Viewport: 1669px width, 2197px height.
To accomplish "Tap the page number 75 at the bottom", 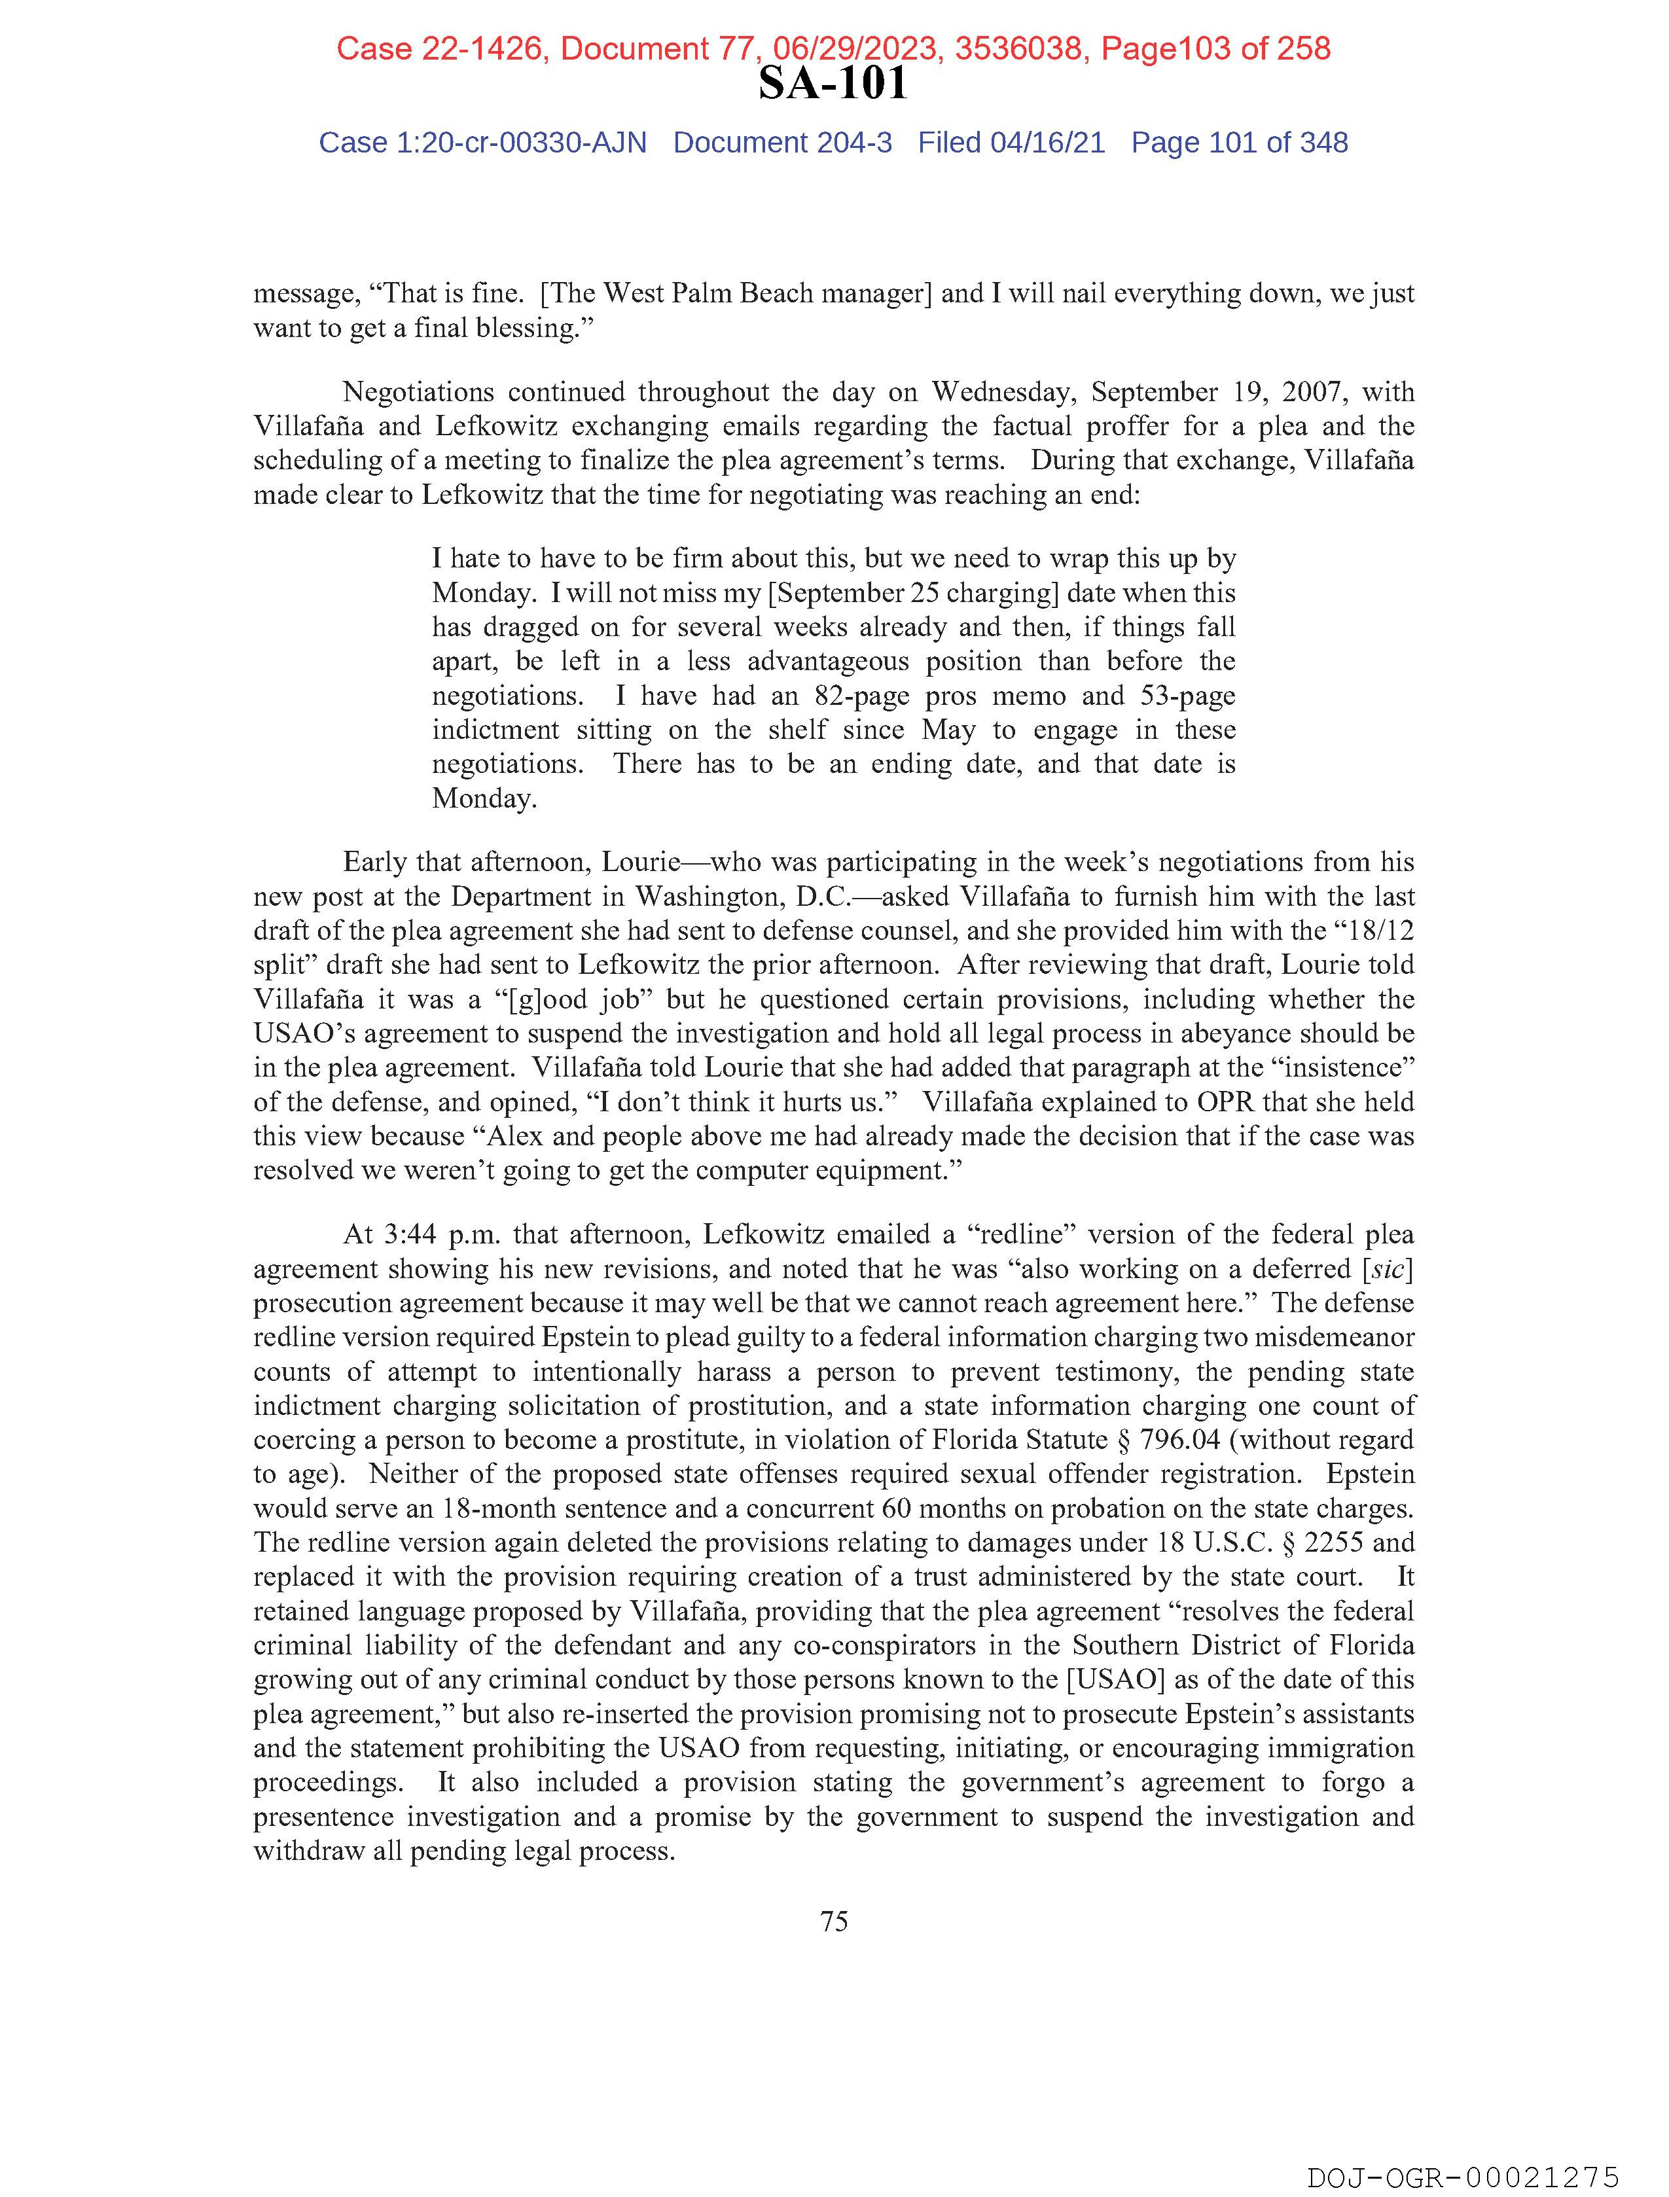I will pyautogui.click(x=833, y=1921).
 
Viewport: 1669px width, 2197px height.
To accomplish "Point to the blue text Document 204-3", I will pyautogui.click(x=782, y=143).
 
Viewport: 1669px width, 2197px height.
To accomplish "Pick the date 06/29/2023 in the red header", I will pyautogui.click(x=859, y=48).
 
